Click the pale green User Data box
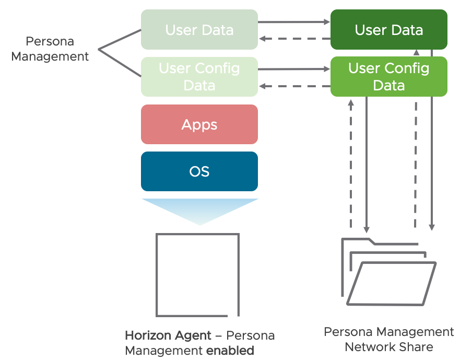click(199, 30)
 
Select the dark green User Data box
click(388, 30)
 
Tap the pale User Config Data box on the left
click(199, 76)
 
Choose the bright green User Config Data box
click(388, 76)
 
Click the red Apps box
click(199, 124)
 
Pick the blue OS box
click(199, 171)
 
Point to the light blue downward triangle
click(199, 209)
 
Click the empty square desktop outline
click(197, 274)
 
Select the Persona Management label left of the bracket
click(50, 49)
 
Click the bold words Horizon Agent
click(168, 335)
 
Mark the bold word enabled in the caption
click(230, 350)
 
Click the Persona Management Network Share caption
click(388, 340)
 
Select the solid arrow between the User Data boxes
click(294, 22)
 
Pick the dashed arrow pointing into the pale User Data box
click(294, 39)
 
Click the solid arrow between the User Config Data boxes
click(294, 69)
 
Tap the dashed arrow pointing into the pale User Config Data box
click(294, 86)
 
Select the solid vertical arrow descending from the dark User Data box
click(432, 141)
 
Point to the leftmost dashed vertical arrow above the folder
click(351, 162)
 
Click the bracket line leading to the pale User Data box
click(120, 40)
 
